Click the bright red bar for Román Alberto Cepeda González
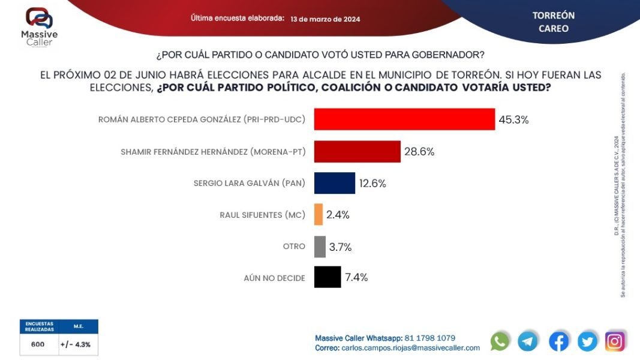tap(404, 119)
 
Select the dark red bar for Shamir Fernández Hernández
tap(357, 151)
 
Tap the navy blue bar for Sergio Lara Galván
tap(334, 183)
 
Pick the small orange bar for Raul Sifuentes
tap(319, 215)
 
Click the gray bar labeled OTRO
tap(320, 247)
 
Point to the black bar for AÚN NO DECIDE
tap(327, 277)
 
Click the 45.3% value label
tap(513, 119)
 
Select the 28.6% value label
tap(419, 151)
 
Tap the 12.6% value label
tap(372, 183)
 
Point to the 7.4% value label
tap(356, 277)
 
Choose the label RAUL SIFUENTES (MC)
tap(263, 215)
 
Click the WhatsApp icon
tap(500, 341)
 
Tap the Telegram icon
tap(528, 341)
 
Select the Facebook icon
tap(558, 341)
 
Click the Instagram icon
tap(614, 341)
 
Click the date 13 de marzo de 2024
tap(325, 19)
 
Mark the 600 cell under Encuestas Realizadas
tap(38, 344)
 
